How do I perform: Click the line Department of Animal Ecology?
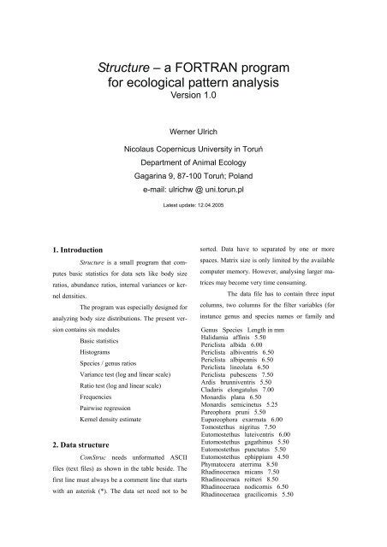(x=193, y=158)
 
